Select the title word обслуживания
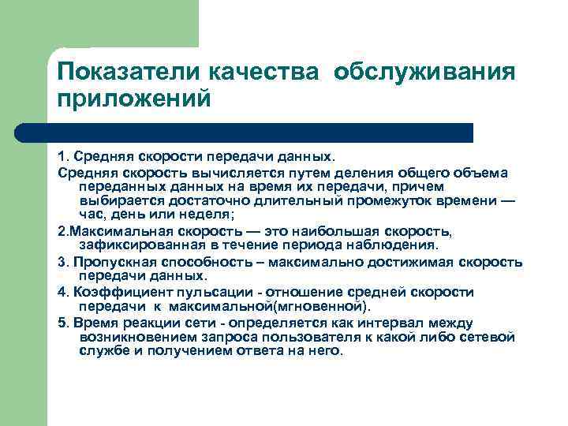424,73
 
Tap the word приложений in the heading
134,100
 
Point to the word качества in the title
266,73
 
